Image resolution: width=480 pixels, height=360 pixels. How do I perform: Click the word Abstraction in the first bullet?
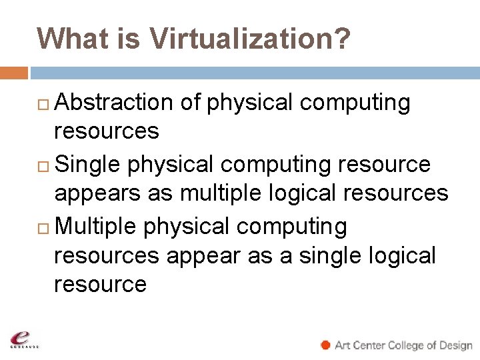click(113, 103)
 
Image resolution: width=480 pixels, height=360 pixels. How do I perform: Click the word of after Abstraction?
click(190, 103)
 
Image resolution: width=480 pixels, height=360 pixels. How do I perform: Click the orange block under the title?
click(14, 72)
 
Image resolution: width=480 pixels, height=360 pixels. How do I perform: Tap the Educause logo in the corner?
click(24, 339)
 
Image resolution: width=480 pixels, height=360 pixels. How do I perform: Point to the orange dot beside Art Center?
click(325, 345)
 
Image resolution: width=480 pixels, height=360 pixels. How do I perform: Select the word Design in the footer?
click(455, 345)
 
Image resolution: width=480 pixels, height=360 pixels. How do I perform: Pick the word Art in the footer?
click(343, 345)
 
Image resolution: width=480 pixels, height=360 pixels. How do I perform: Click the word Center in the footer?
click(369, 345)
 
